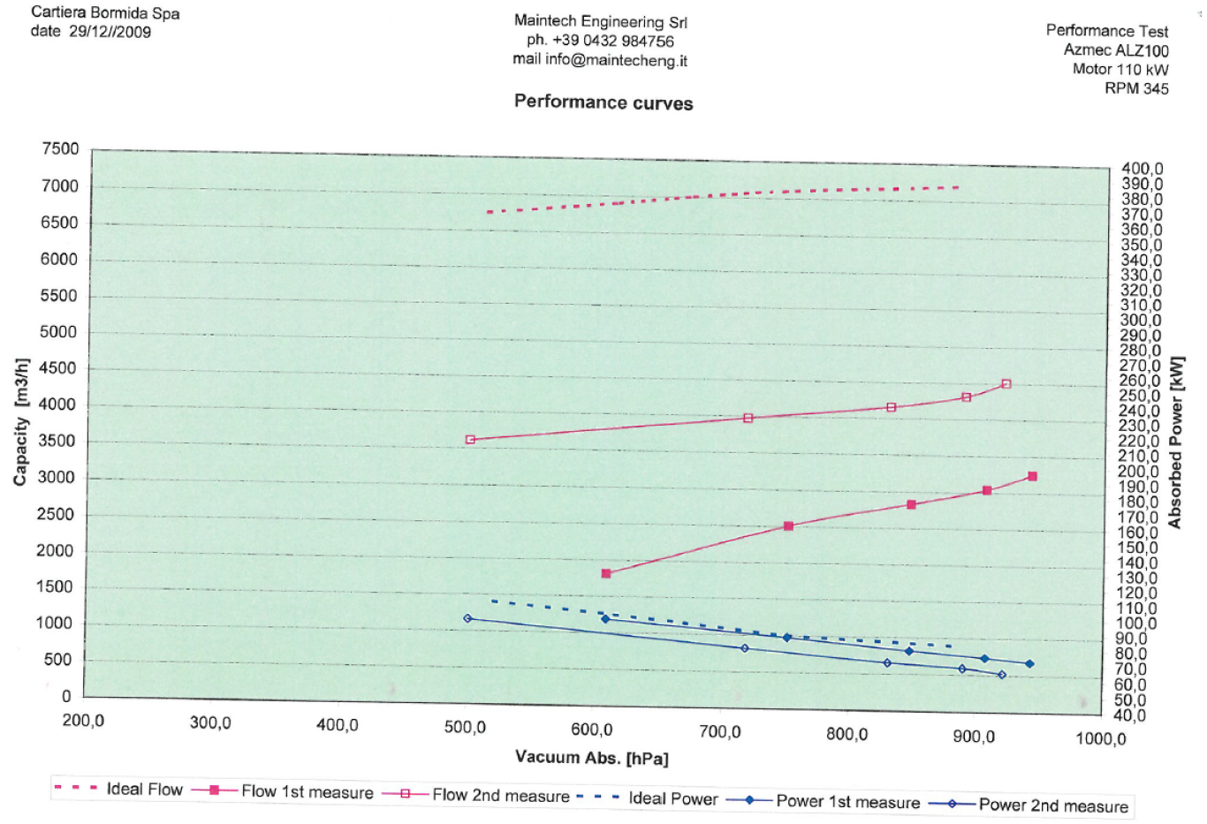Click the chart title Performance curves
pyautogui.click(x=603, y=102)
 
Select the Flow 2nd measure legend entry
pyautogui.click(x=500, y=796)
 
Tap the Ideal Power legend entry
pyautogui.click(x=672, y=798)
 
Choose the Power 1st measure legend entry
pyautogui.click(x=847, y=802)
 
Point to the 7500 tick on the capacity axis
pyautogui.click(x=60, y=149)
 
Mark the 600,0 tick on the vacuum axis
pyautogui.click(x=591, y=730)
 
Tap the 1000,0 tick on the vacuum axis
pyautogui.click(x=1100, y=738)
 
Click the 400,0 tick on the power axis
pyautogui.click(x=1142, y=169)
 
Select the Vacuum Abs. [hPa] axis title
pyautogui.click(x=591, y=758)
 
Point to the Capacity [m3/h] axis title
pyautogui.click(x=21, y=422)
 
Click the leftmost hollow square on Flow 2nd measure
pyautogui.click(x=470, y=440)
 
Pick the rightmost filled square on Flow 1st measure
pyautogui.click(x=1032, y=477)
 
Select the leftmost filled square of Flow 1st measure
pyautogui.click(x=606, y=574)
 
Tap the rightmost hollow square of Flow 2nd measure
pyautogui.click(x=1006, y=384)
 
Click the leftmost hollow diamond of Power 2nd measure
pyautogui.click(x=467, y=618)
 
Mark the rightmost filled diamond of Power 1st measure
pyautogui.click(x=1029, y=664)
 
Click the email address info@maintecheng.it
pyautogui.click(x=616, y=60)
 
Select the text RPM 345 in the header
pyautogui.click(x=1136, y=88)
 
